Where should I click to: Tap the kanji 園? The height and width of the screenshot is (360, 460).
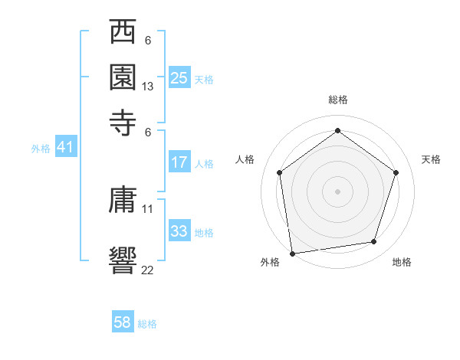123,78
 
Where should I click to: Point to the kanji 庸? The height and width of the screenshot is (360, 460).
123,201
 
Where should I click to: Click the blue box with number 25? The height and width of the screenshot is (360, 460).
179,78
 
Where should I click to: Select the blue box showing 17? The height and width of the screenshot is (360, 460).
179,162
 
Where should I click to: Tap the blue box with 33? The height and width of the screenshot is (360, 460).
179,231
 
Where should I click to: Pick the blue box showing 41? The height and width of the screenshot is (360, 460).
65,148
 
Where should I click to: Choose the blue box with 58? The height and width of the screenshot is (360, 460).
123,322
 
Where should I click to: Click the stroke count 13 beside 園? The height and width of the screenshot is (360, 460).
148,87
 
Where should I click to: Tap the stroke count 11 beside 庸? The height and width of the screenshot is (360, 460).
148,208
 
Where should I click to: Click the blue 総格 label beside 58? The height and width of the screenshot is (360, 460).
147,324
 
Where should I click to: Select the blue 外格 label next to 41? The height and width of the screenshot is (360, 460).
41,149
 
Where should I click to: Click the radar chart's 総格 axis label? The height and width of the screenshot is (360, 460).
337,100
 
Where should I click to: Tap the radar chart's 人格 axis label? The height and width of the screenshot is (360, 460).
245,159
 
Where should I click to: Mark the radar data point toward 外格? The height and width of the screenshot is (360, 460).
292,252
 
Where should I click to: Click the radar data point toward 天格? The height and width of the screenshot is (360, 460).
396,172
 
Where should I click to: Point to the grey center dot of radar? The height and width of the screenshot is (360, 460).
337,191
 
